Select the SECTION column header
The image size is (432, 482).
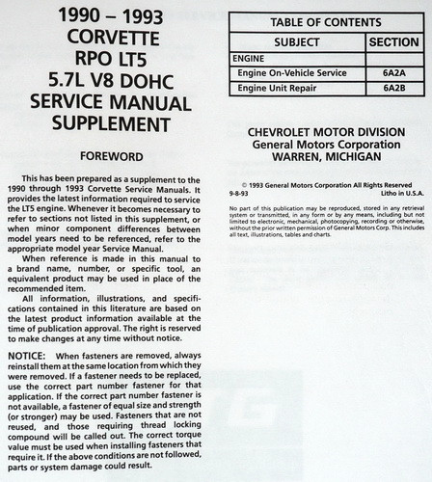click(x=394, y=42)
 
